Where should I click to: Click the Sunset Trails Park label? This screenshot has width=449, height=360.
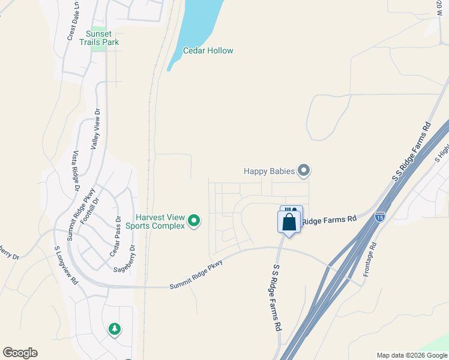[102, 38]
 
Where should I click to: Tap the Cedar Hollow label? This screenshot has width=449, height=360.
[208, 51]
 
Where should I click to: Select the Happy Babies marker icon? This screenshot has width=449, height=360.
[304, 171]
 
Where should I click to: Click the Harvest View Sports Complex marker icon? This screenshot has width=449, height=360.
[194, 221]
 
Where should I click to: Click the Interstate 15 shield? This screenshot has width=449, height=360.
[379, 216]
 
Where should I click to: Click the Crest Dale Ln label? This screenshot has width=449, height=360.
[74, 25]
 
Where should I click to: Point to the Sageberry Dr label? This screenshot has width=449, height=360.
[128, 259]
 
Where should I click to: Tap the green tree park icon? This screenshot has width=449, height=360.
[114, 329]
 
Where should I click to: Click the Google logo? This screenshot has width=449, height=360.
[20, 353]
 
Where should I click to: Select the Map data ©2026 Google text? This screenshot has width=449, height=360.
[411, 355]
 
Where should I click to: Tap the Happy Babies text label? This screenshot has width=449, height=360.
[270, 171]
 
